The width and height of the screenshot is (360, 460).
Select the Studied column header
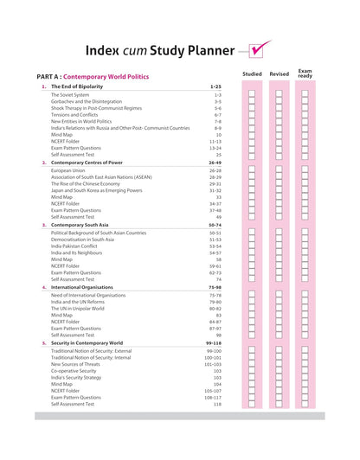pyautogui.click(x=252, y=74)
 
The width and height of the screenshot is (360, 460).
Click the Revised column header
pyautogui.click(x=279, y=74)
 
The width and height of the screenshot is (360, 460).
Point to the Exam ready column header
pyautogui.click(x=305, y=73)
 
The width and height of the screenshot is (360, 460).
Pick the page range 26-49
pyautogui.click(x=215, y=163)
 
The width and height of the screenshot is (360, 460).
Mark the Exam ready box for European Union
pyautogui.click(x=305, y=170)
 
